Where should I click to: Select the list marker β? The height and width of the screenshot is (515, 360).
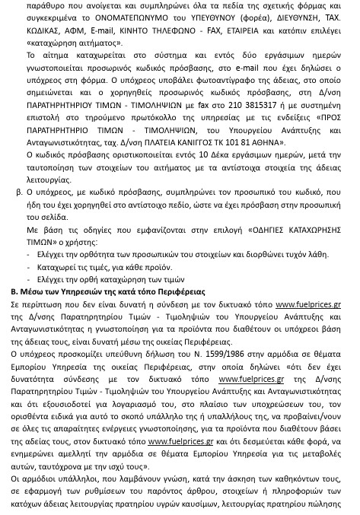19,193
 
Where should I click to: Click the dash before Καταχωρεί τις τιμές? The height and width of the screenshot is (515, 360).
29,267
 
